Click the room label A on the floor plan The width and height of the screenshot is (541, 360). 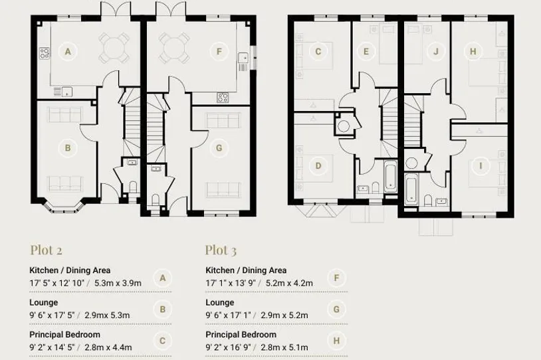[68, 52]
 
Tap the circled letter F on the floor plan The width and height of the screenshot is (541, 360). [219, 52]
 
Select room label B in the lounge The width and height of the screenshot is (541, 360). [68, 148]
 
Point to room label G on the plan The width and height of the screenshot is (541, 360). [219, 148]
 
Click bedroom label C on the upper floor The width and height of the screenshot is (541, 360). [318, 52]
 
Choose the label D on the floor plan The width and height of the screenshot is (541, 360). [318, 166]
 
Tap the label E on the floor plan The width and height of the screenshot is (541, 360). [366, 52]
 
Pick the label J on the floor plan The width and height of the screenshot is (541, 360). [436, 52]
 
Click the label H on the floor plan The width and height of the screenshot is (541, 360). [473, 52]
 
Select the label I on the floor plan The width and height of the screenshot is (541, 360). [481, 166]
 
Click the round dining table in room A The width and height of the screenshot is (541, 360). [114, 48]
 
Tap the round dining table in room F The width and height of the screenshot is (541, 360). [174, 48]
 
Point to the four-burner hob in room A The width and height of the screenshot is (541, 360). [45, 53]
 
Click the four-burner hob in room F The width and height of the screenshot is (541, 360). [223, 98]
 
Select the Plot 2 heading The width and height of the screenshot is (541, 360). [47, 250]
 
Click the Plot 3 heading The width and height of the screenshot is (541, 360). [221, 250]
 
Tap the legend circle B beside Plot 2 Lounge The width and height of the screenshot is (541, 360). [163, 310]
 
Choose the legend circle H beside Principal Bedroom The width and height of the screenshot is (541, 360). [336, 341]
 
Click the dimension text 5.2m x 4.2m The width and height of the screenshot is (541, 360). [290, 283]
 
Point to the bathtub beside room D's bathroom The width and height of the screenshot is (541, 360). [390, 177]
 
